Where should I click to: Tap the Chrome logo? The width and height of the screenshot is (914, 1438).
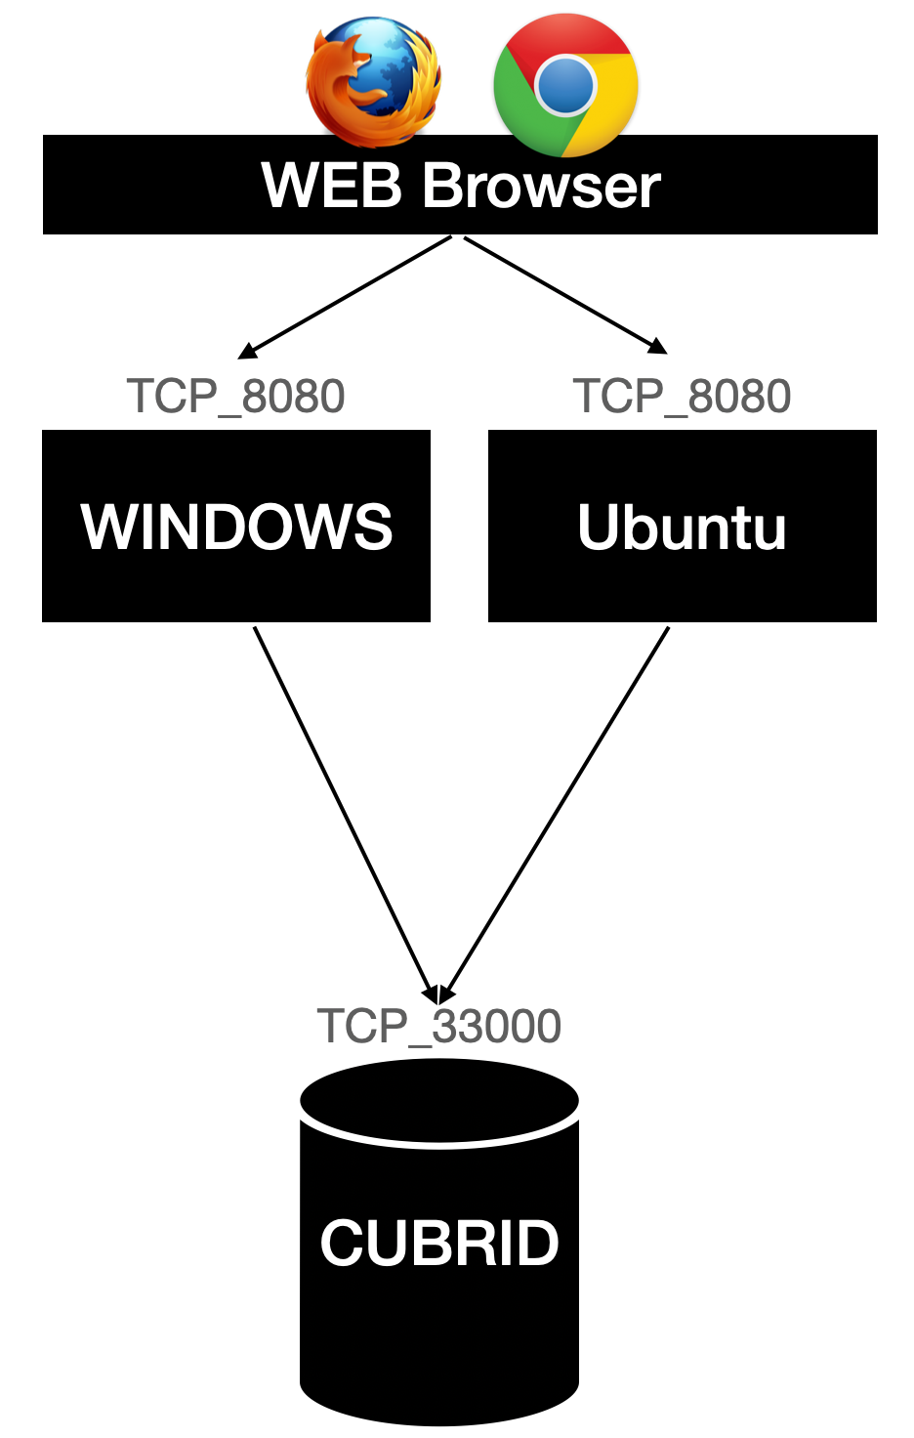coord(565,85)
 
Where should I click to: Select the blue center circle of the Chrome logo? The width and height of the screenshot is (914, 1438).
coord(565,85)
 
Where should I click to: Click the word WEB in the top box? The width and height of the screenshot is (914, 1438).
coord(331,185)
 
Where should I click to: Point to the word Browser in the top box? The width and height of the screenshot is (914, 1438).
coord(542,185)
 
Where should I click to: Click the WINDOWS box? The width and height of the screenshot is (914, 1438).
coord(236,526)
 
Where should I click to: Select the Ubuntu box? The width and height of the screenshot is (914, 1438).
coord(682,526)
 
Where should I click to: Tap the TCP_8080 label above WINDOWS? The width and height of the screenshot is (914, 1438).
coord(235,397)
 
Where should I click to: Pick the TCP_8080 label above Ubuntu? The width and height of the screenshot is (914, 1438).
coord(682,397)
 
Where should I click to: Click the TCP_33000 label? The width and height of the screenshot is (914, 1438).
coord(438,1027)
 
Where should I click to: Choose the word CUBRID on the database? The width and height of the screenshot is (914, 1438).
coord(439,1243)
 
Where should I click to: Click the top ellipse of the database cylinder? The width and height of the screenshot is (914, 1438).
coord(439,1099)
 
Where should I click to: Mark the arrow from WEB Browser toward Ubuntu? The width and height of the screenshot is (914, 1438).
coord(564,294)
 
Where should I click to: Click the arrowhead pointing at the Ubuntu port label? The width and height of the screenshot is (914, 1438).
coord(659,347)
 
